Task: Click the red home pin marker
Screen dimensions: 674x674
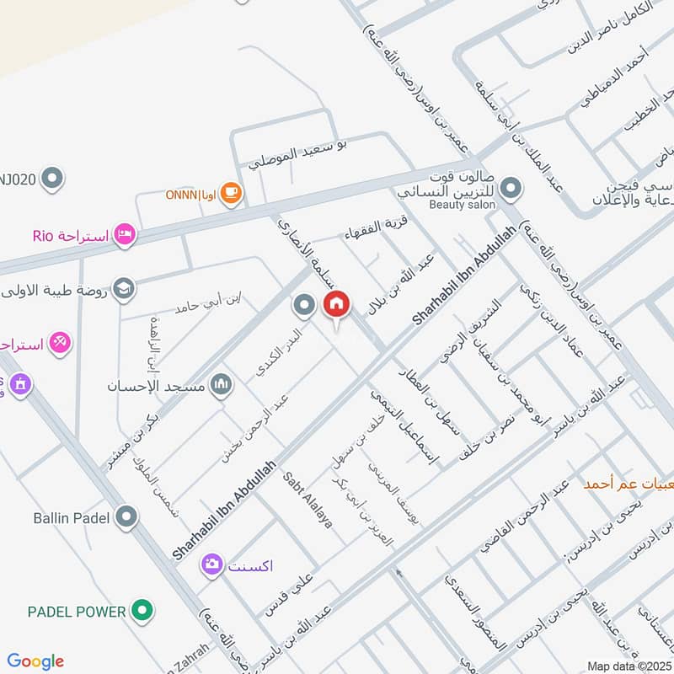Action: coord(336,305)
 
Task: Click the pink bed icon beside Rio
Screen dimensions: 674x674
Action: coord(124,235)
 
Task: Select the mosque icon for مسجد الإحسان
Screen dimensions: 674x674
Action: coord(221,386)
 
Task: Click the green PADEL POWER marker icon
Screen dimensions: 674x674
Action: coord(143,611)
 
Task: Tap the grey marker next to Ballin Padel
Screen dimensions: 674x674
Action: coord(127,516)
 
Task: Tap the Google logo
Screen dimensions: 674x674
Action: coord(35,661)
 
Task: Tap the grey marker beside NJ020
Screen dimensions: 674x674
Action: coord(53,178)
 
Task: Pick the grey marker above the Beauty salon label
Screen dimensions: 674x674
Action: coord(509,185)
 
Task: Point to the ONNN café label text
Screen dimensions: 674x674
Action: coord(195,195)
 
